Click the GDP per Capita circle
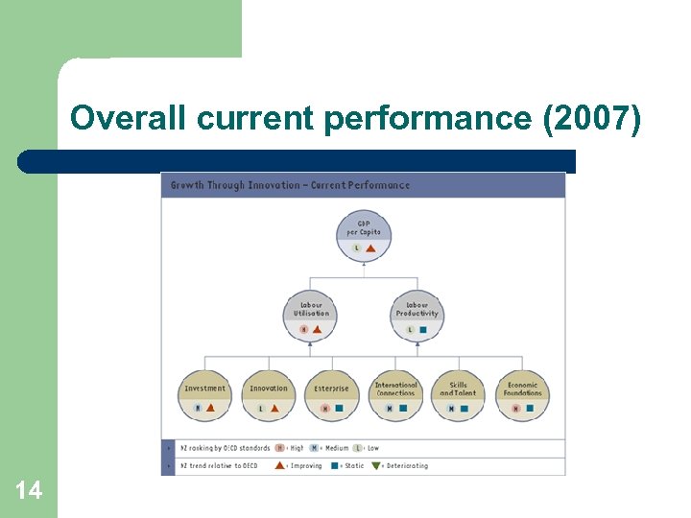pyautogui.click(x=363, y=235)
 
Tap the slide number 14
pyautogui.click(x=29, y=491)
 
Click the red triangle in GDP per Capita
pyautogui.click(x=369, y=248)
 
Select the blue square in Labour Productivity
pyautogui.click(x=423, y=329)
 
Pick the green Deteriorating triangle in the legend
pyautogui.click(x=376, y=466)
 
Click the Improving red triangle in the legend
pyautogui.click(x=279, y=466)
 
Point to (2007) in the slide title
pyautogui.click(x=591, y=119)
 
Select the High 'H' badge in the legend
pyautogui.click(x=279, y=448)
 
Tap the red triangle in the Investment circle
pyautogui.click(x=210, y=408)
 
